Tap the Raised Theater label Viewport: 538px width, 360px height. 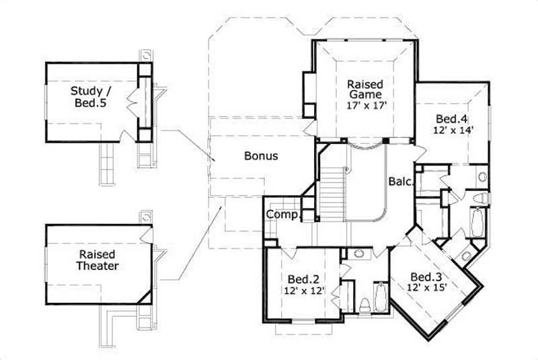(x=96, y=260)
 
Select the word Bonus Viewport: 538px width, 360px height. (x=261, y=155)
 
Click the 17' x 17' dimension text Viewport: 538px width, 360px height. (x=365, y=106)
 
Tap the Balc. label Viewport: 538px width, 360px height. (x=400, y=182)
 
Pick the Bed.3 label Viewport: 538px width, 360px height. (x=425, y=277)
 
